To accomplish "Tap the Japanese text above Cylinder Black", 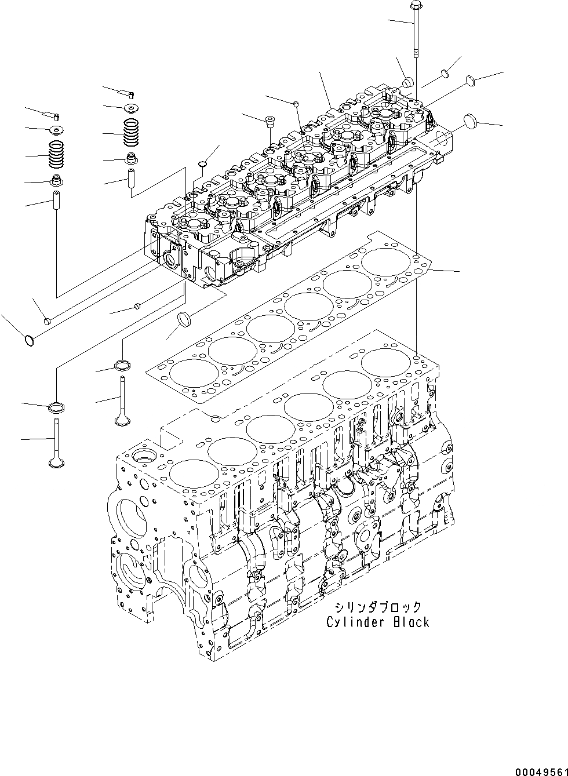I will (377, 607).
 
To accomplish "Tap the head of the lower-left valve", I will (56, 462).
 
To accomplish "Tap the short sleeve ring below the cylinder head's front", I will (185, 319).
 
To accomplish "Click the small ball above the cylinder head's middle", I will (296, 103).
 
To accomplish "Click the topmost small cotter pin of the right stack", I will (132, 93).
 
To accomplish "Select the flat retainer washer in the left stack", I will (57, 129).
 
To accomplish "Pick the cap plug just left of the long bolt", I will (407, 81).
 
